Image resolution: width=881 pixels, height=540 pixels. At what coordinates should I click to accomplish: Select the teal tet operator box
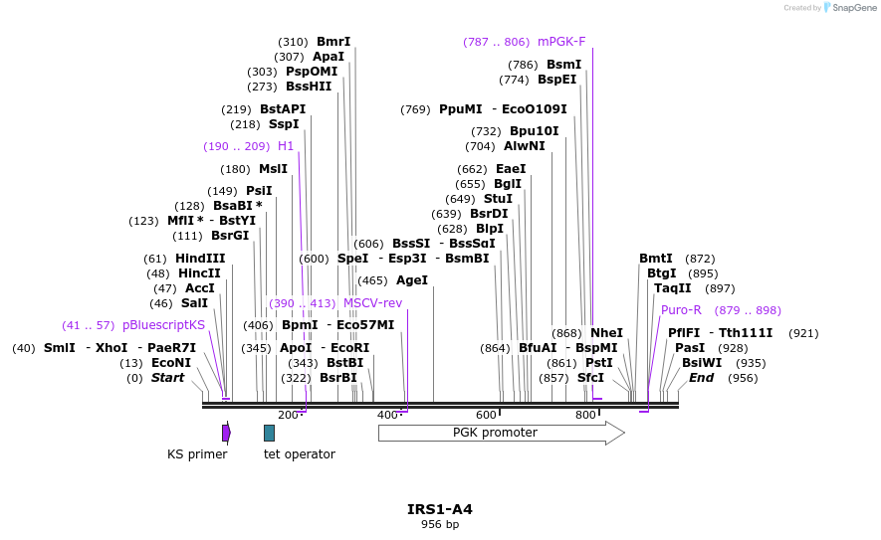click(x=269, y=433)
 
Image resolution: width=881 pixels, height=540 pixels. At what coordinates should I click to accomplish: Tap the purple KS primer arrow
click(x=226, y=433)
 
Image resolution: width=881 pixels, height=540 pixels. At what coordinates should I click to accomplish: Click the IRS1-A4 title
click(x=439, y=509)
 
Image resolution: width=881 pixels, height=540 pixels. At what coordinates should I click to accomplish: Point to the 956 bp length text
click(x=439, y=524)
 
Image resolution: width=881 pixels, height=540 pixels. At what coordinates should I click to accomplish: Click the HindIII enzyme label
click(x=200, y=259)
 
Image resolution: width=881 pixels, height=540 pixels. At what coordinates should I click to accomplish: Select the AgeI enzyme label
click(x=411, y=280)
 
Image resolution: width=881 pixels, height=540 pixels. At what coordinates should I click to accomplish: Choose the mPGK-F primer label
click(x=561, y=42)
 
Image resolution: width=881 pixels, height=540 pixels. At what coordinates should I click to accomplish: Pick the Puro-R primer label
click(x=681, y=310)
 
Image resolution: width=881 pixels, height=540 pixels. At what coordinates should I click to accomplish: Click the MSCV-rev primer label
click(x=372, y=303)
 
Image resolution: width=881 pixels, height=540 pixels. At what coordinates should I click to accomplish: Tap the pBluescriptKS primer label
click(x=163, y=325)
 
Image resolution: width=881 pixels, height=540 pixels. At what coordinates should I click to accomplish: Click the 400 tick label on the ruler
click(x=387, y=415)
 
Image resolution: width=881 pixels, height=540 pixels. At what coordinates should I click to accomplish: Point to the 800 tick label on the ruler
click(x=586, y=415)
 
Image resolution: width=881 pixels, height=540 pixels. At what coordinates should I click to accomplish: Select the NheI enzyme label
click(x=606, y=333)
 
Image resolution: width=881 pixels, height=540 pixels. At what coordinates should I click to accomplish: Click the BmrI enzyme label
click(x=333, y=42)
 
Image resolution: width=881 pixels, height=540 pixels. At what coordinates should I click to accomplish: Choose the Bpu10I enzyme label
click(x=534, y=131)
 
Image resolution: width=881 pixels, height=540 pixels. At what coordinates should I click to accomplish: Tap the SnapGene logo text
click(x=854, y=8)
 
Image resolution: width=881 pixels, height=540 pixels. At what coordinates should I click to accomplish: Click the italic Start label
click(x=167, y=378)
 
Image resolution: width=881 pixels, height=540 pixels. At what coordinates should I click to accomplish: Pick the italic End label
click(x=701, y=378)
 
